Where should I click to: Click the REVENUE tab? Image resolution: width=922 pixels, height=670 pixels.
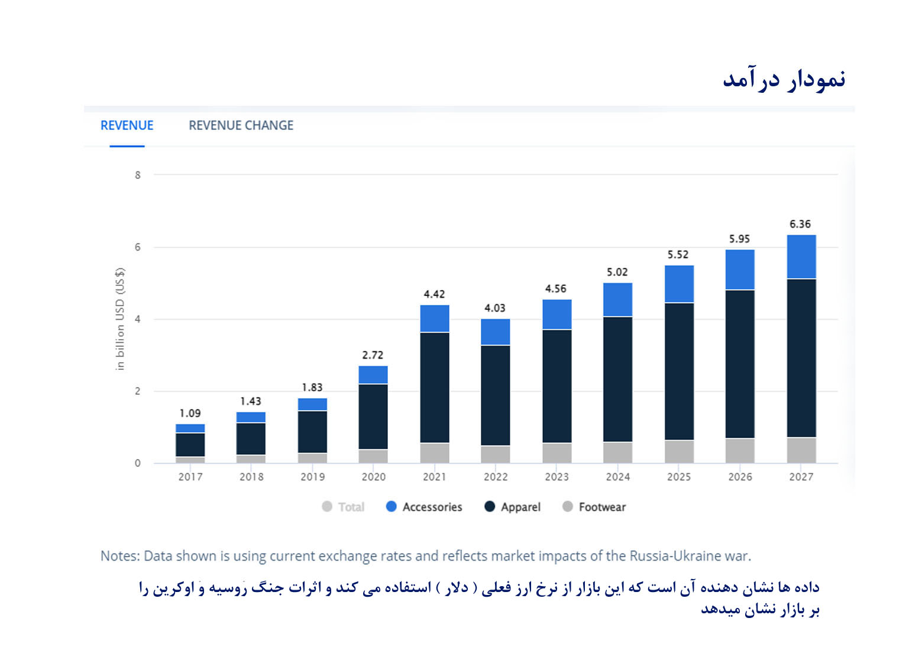click(127, 125)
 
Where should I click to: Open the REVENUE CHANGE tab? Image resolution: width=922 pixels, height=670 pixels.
click(241, 125)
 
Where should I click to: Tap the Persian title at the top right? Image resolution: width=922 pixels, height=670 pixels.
click(784, 80)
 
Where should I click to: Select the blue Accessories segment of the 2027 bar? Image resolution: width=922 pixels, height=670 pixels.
click(801, 257)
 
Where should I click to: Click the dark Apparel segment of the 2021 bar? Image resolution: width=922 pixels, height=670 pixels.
click(434, 387)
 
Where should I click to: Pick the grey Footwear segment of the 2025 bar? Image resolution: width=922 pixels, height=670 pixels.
click(678, 451)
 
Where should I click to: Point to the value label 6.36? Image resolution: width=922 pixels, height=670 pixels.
click(800, 225)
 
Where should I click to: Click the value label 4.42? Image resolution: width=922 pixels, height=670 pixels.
click(434, 294)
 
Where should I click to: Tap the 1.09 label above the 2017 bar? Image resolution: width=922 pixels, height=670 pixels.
click(190, 414)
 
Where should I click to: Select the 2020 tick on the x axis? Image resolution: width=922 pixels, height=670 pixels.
click(373, 477)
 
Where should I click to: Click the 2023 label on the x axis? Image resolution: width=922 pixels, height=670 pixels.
click(557, 477)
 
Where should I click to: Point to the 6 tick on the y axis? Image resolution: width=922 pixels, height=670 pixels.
click(138, 247)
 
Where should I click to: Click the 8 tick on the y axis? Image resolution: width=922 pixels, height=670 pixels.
click(138, 175)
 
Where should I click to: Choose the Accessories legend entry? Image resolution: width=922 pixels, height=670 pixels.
click(424, 507)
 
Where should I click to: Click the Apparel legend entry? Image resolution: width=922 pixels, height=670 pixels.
click(513, 507)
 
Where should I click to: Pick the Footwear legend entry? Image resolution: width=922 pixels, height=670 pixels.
click(594, 507)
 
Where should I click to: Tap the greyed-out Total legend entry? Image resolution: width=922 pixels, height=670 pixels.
click(344, 507)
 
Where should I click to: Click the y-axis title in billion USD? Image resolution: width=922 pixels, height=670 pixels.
click(120, 319)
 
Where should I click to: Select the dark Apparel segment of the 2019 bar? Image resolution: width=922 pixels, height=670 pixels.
click(312, 431)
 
